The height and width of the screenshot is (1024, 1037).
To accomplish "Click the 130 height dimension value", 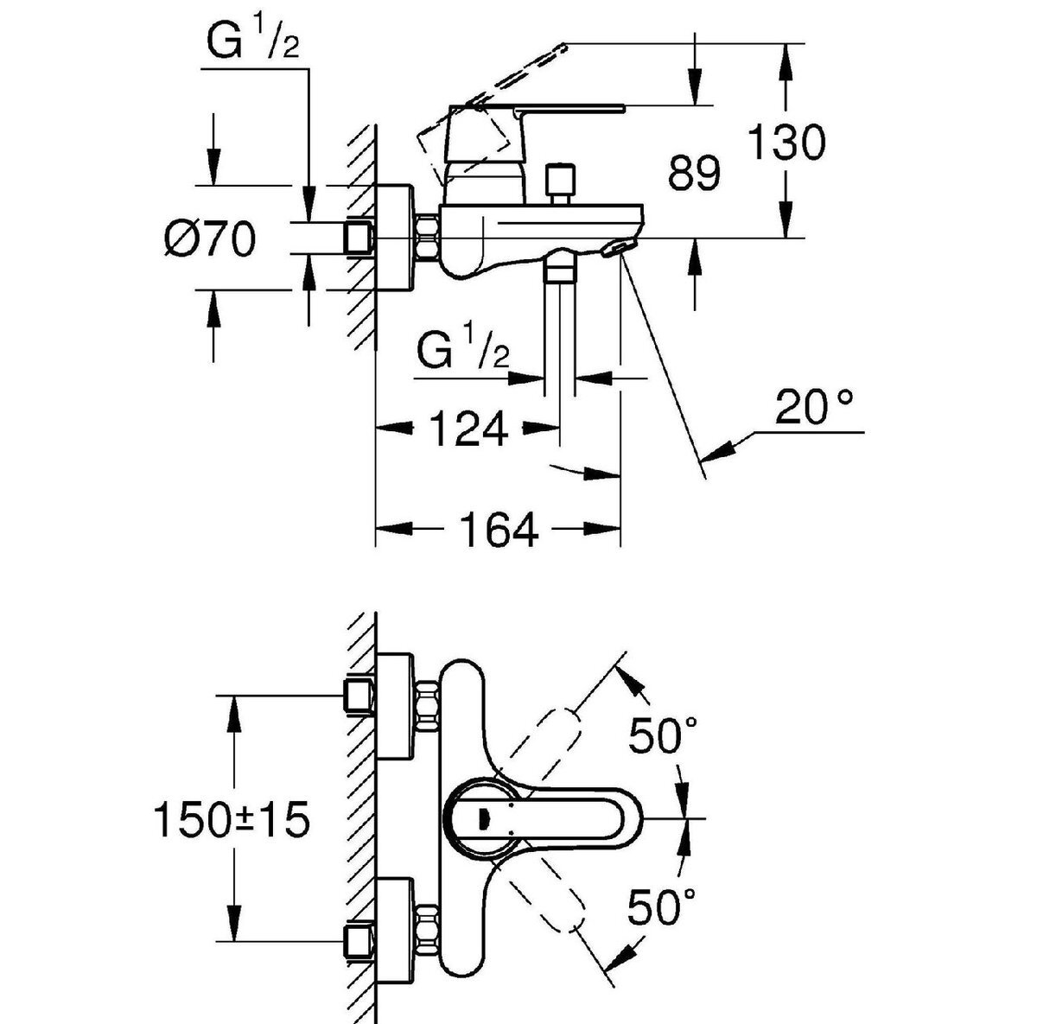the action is click(786, 142).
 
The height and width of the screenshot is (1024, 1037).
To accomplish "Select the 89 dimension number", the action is click(694, 173).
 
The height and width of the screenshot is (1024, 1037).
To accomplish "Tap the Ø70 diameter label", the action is click(210, 239).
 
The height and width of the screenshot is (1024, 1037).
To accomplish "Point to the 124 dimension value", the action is click(468, 429).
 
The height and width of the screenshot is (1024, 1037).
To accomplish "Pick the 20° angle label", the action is click(814, 407).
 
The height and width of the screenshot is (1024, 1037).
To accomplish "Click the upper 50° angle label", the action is click(663, 735).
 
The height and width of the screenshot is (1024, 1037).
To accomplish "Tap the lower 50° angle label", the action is click(662, 906).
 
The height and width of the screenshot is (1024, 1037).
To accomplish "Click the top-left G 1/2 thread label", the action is click(253, 41).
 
